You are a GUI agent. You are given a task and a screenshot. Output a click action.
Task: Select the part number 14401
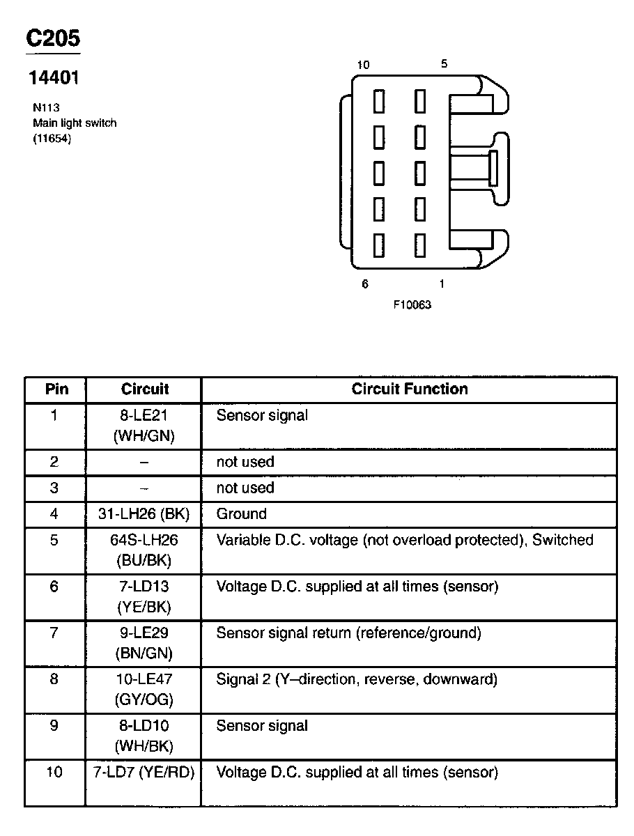click(53, 78)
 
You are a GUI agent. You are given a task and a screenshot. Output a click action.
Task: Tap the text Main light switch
click(75, 123)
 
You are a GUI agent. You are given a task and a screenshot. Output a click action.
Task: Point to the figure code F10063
click(412, 304)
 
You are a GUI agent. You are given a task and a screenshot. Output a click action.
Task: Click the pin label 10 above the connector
click(363, 65)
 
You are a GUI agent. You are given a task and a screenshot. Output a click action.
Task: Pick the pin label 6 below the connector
click(364, 284)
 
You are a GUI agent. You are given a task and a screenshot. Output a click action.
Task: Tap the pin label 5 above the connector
click(444, 64)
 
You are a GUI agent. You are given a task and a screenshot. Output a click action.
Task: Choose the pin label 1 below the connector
click(442, 284)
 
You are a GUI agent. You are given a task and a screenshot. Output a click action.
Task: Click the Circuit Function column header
click(410, 389)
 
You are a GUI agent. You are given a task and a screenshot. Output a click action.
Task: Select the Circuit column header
click(145, 389)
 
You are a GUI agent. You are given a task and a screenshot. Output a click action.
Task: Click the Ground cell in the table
click(241, 514)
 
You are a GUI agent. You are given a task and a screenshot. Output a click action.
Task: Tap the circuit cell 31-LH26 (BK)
click(144, 514)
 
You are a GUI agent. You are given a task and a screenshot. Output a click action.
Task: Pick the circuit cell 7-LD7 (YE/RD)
click(144, 772)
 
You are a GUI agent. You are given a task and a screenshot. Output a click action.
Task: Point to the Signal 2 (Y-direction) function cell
click(357, 679)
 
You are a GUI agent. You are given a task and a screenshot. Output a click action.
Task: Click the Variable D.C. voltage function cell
click(404, 540)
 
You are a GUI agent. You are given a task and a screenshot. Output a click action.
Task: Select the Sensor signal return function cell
click(348, 633)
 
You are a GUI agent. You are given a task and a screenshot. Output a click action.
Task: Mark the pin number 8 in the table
click(54, 679)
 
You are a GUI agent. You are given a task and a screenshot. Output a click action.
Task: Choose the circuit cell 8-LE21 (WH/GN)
click(144, 426)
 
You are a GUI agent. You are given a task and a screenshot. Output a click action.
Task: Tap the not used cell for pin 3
click(245, 488)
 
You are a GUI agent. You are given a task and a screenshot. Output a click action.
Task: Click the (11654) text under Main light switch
click(52, 138)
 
